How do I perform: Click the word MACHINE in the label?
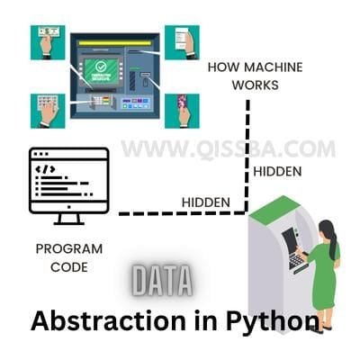click(x=274, y=67)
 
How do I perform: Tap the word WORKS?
click(x=256, y=85)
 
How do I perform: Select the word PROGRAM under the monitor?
click(x=69, y=249)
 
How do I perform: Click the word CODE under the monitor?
click(x=69, y=267)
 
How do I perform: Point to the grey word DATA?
click(x=162, y=282)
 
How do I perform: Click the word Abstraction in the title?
click(x=109, y=321)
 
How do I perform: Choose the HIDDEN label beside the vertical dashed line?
click(x=277, y=172)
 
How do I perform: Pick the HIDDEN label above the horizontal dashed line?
click(x=206, y=202)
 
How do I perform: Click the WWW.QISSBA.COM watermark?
click(x=228, y=149)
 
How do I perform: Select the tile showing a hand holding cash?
click(x=48, y=42)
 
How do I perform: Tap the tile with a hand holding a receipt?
click(x=182, y=42)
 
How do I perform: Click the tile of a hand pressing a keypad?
click(x=48, y=111)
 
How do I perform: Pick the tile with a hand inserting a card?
click(x=182, y=111)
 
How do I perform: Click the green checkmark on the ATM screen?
click(x=100, y=66)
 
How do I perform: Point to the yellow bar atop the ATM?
click(x=115, y=43)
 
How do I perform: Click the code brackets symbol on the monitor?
click(x=45, y=169)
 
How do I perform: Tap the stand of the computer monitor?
click(x=69, y=219)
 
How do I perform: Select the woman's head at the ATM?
click(x=326, y=229)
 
